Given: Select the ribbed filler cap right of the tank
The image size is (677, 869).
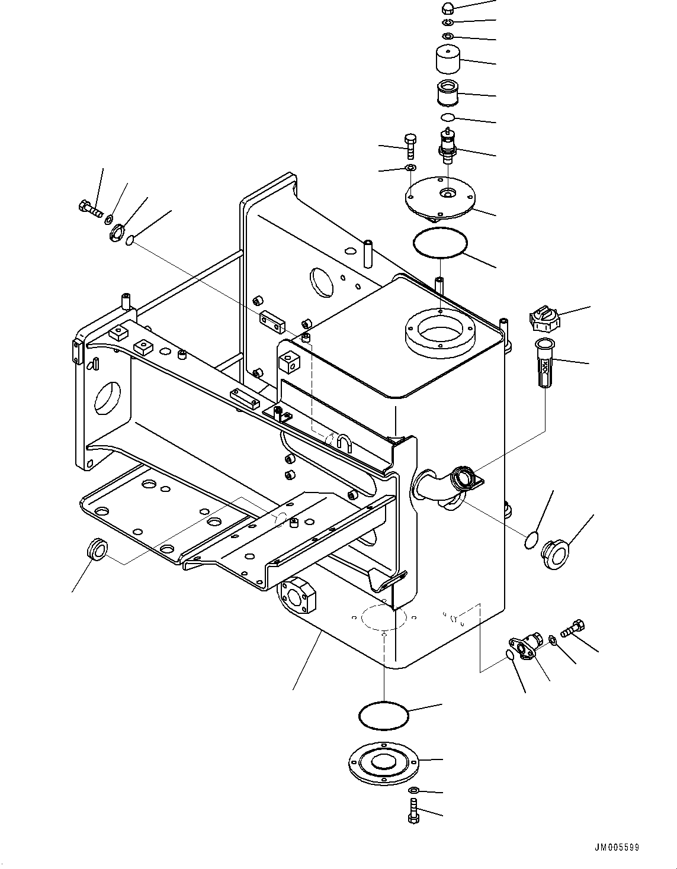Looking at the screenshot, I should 544,320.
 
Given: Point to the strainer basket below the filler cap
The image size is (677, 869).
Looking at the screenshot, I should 543,362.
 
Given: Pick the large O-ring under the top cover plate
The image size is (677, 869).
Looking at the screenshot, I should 440,243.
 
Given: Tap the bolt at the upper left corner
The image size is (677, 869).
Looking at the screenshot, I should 89,208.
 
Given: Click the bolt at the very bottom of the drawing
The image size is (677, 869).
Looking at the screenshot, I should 413,810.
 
